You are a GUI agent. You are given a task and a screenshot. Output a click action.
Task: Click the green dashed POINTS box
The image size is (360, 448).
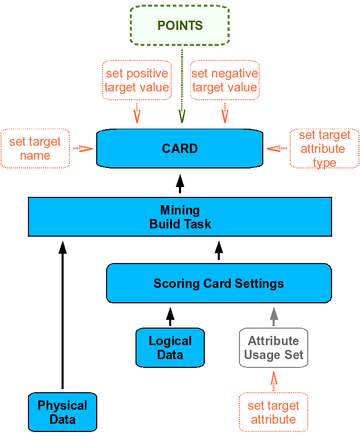click(179, 25)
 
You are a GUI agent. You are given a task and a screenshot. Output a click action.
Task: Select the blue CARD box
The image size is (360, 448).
click(179, 148)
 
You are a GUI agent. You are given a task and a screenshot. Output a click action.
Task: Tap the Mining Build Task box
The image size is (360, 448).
click(180, 217)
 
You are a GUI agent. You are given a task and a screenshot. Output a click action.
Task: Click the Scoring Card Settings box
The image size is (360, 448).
click(219, 283)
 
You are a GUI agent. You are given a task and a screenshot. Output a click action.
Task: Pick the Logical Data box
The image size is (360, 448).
click(170, 347)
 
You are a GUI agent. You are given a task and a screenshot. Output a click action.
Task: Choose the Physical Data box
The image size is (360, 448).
click(63, 412)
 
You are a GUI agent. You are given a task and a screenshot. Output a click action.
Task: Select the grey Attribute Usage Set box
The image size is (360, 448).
click(273, 347)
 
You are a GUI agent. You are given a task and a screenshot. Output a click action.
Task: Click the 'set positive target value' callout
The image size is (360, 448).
click(137, 80)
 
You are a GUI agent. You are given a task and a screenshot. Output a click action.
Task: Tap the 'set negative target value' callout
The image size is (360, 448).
click(225, 80)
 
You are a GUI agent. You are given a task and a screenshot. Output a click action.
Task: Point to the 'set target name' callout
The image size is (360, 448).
click(35, 148)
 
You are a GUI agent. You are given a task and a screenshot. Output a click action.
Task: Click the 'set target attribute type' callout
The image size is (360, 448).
click(324, 148)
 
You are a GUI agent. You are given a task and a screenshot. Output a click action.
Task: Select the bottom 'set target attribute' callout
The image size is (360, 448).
click(273, 412)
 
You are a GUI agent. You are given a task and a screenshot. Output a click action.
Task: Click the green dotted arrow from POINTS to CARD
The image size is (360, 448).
click(182, 86)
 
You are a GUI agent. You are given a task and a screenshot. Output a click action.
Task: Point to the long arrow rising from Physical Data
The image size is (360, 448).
click(63, 315)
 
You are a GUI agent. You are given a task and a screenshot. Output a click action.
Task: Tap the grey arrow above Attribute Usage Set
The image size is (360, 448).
click(274, 317)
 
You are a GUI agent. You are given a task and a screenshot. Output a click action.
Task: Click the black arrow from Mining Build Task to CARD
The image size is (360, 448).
click(180, 184)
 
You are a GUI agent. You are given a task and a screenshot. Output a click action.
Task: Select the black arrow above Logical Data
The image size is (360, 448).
click(170, 317)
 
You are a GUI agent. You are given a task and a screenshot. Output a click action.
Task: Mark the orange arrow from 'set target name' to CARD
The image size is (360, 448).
click(83, 149)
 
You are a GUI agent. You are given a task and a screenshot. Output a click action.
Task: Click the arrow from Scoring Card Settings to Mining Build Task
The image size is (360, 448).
click(219, 250)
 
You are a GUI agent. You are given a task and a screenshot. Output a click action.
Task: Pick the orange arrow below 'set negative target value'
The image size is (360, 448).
click(225, 113)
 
